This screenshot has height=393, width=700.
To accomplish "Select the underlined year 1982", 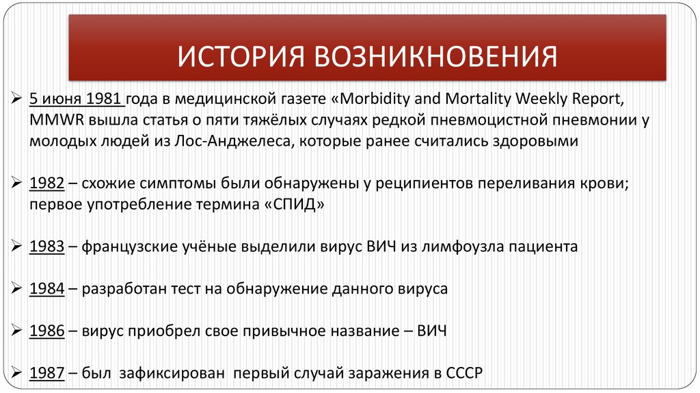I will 47,184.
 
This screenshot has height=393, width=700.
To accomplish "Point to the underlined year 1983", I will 47,246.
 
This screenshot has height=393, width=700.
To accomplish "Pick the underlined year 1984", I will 47,288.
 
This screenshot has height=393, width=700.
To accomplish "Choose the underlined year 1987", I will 47,373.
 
